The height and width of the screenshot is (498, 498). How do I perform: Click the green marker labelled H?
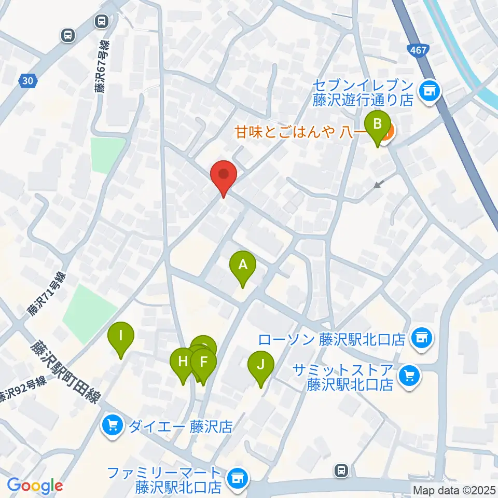tap(183, 362)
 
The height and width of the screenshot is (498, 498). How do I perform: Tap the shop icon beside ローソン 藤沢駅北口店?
tap(420, 339)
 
